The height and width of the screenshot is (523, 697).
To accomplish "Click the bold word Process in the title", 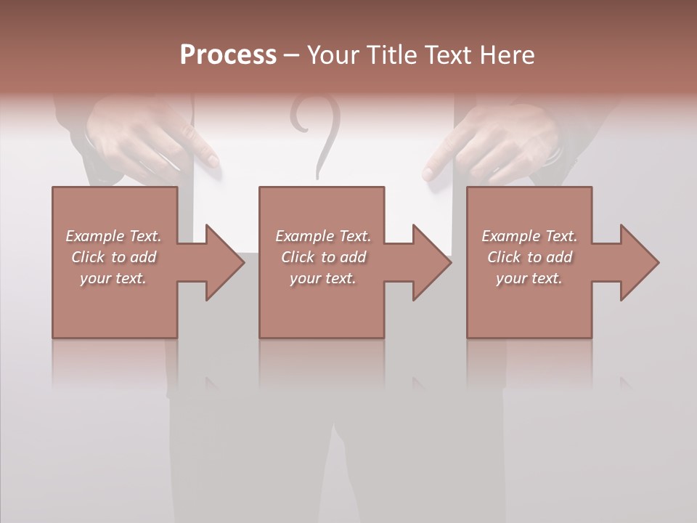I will pyautogui.click(x=228, y=55).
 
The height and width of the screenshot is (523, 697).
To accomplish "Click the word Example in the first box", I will pyautogui.click(x=94, y=236).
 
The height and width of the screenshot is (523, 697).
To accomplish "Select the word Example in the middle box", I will pyautogui.click(x=304, y=236).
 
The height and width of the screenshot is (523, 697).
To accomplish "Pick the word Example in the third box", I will pyautogui.click(x=510, y=236).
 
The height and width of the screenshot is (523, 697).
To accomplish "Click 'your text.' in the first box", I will pyautogui.click(x=113, y=278).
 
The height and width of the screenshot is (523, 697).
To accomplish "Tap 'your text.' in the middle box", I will pyautogui.click(x=323, y=278).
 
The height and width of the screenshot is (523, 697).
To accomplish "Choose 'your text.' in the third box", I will pyautogui.click(x=529, y=278).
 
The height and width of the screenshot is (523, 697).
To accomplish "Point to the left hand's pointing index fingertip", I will pyautogui.click(x=213, y=161).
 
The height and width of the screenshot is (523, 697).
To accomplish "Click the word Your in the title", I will pyautogui.click(x=333, y=55).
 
